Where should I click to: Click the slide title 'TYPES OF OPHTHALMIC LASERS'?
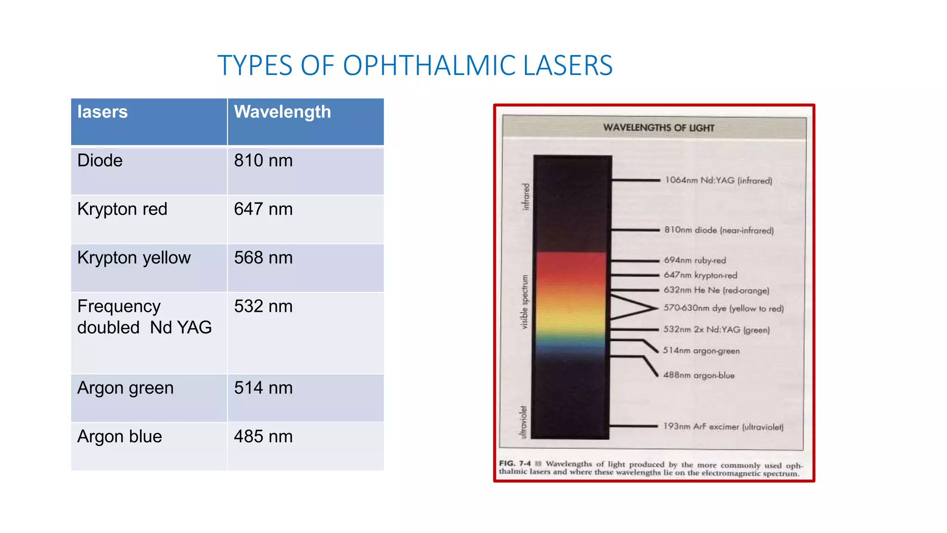415,65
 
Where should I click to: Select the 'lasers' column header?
102,112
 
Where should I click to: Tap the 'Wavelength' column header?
282,112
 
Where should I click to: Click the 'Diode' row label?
100,161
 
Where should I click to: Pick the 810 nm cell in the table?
263,161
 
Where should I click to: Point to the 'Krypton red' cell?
122,209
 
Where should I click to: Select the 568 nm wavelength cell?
263,258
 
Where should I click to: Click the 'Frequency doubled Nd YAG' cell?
144,317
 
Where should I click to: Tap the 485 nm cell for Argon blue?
263,436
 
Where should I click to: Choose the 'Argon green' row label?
125,388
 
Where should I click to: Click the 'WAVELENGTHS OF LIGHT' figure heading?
658,128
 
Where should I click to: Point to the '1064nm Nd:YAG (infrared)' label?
718,180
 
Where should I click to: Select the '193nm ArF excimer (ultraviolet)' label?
723,427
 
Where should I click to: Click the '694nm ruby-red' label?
695,260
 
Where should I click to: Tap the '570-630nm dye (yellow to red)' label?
724,308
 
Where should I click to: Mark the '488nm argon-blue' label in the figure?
699,375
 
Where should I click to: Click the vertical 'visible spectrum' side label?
524,302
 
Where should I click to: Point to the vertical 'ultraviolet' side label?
523,422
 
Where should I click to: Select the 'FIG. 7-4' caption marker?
515,463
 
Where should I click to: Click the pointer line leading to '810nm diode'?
636,229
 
